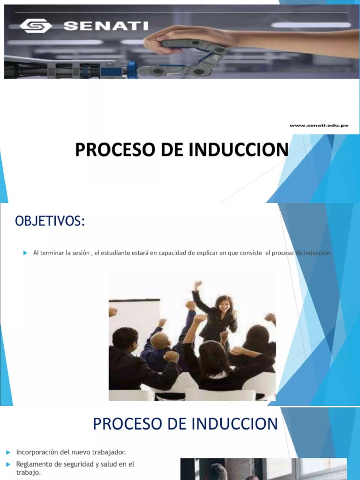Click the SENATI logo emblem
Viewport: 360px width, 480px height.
36,26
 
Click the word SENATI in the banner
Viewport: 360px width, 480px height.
106,26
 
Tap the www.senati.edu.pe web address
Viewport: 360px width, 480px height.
319,125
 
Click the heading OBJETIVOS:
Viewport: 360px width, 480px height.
50,221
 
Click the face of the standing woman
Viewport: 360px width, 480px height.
224,305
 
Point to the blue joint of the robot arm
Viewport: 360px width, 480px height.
132,70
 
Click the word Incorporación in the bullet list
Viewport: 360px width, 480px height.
36,452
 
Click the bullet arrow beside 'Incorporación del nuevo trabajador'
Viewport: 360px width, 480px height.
8,452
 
